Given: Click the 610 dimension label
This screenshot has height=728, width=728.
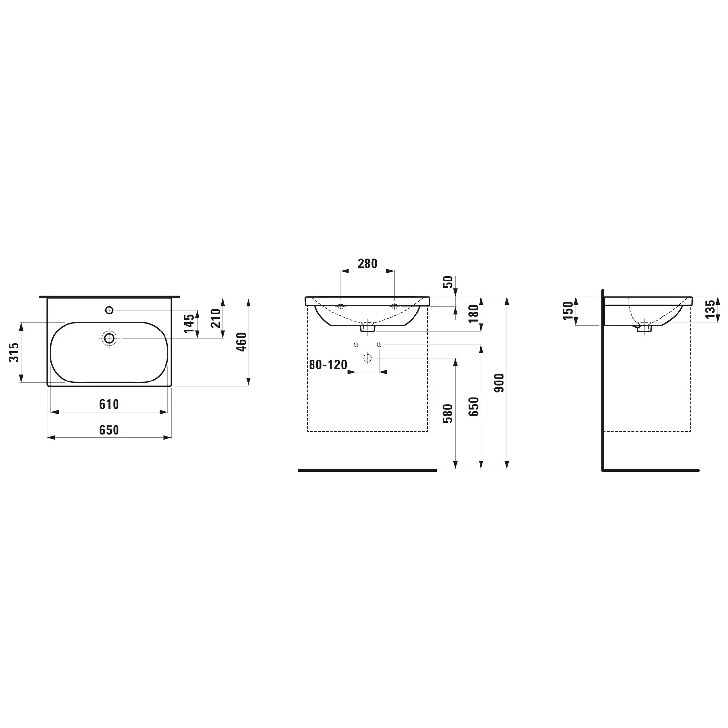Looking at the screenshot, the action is point(109,404).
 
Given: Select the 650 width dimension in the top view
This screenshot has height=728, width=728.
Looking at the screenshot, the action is point(109,430).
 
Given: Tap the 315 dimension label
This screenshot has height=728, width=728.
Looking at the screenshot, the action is point(15,352).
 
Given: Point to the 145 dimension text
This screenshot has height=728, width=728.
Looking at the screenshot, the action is point(190,324).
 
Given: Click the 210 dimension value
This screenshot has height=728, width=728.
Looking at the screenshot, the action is point(216,318).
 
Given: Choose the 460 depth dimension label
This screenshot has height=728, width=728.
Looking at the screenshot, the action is point(243,342).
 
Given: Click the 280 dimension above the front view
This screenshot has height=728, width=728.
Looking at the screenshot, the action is point(367,264).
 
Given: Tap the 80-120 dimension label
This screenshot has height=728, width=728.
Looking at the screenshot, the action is point(328,364).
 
